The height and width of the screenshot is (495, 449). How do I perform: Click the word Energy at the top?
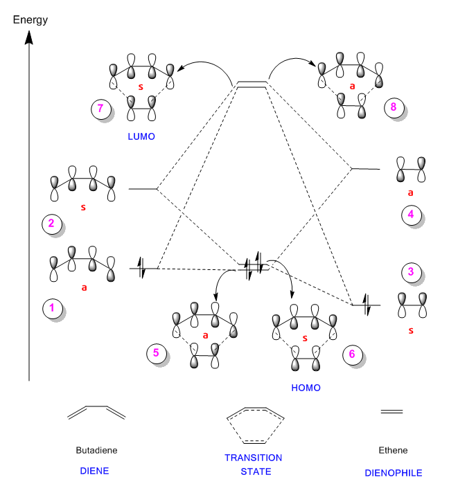[30, 19]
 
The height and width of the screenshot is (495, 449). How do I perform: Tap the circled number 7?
[100, 109]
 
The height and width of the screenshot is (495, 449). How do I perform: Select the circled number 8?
[394, 107]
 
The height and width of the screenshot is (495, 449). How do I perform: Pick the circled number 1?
[51, 308]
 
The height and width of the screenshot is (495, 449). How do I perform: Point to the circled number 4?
[411, 215]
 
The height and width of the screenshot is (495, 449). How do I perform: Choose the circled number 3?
[411, 272]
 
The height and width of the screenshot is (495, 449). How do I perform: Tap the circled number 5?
[156, 353]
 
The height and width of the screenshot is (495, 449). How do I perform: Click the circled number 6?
[352, 354]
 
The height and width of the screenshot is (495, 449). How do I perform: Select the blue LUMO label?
[141, 137]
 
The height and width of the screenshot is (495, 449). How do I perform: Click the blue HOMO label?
[306, 388]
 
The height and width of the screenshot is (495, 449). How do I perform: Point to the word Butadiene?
[96, 450]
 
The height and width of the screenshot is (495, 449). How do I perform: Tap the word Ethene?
[393, 450]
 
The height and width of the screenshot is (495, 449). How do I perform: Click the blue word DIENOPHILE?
[393, 473]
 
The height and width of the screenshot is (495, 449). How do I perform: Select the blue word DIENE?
[95, 471]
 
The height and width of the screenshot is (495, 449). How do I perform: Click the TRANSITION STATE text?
[253, 465]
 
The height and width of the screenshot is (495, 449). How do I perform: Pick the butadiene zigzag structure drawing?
[96, 413]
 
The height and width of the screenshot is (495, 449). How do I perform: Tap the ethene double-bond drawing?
[392, 412]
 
